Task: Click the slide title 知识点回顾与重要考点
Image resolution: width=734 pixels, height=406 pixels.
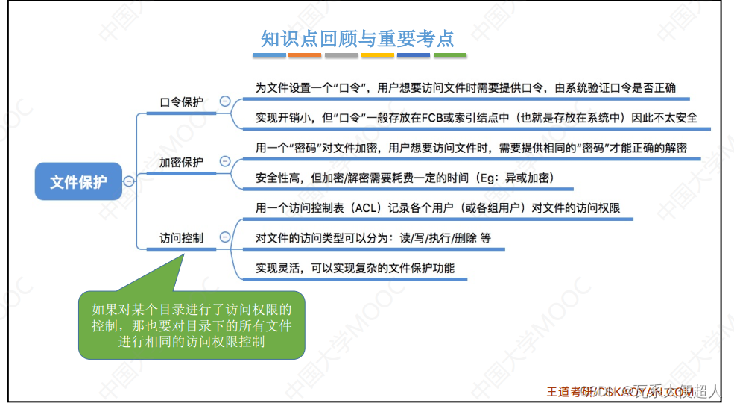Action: (357, 38)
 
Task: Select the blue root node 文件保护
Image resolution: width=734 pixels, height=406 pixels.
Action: (78, 181)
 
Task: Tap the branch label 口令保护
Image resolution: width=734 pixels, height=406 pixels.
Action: (181, 102)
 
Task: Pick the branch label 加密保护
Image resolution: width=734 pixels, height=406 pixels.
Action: (181, 162)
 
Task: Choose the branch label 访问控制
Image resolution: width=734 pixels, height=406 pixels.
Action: (181, 238)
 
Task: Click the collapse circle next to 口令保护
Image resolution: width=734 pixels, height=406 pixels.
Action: (224, 101)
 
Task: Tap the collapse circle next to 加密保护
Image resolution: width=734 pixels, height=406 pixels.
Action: (224, 161)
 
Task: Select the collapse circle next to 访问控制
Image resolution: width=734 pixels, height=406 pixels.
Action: (224, 238)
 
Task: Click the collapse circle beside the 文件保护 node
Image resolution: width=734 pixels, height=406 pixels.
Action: (129, 181)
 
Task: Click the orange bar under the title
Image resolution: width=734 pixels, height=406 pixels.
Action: (305, 55)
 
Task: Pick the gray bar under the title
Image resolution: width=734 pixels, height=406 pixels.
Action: (341, 55)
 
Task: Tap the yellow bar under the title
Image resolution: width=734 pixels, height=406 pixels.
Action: (378, 55)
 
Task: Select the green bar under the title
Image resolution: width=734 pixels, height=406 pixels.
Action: (450, 55)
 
